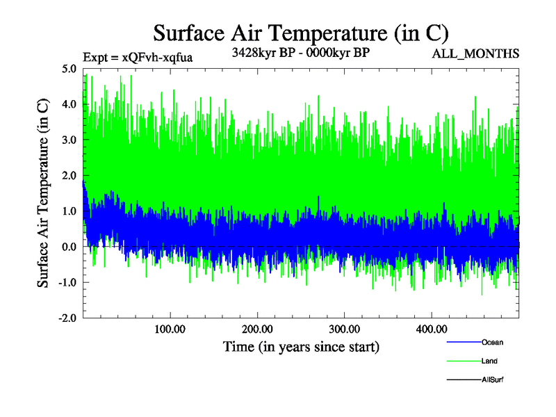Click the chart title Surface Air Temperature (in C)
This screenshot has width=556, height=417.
(x=301, y=33)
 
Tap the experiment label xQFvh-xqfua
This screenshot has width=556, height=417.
(x=137, y=57)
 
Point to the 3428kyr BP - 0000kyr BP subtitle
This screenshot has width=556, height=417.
(x=300, y=52)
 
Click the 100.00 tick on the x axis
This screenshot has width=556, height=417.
(x=170, y=329)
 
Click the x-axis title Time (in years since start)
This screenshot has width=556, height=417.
(x=301, y=345)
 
